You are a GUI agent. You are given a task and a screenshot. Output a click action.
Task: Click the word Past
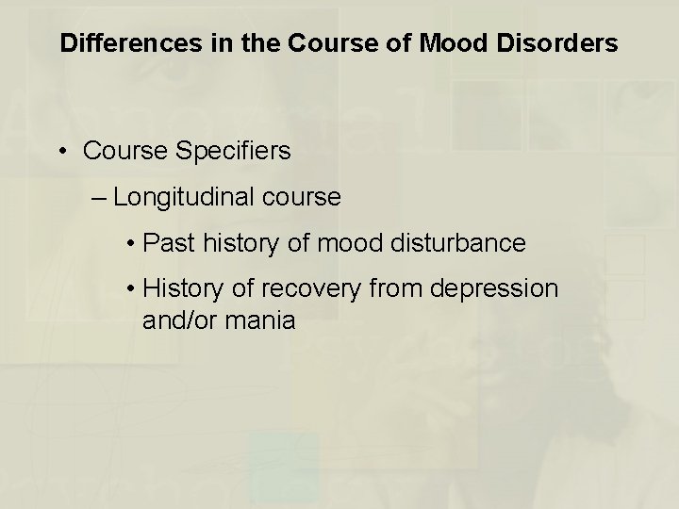[166, 243]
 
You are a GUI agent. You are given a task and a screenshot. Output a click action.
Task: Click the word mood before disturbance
[344, 243]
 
